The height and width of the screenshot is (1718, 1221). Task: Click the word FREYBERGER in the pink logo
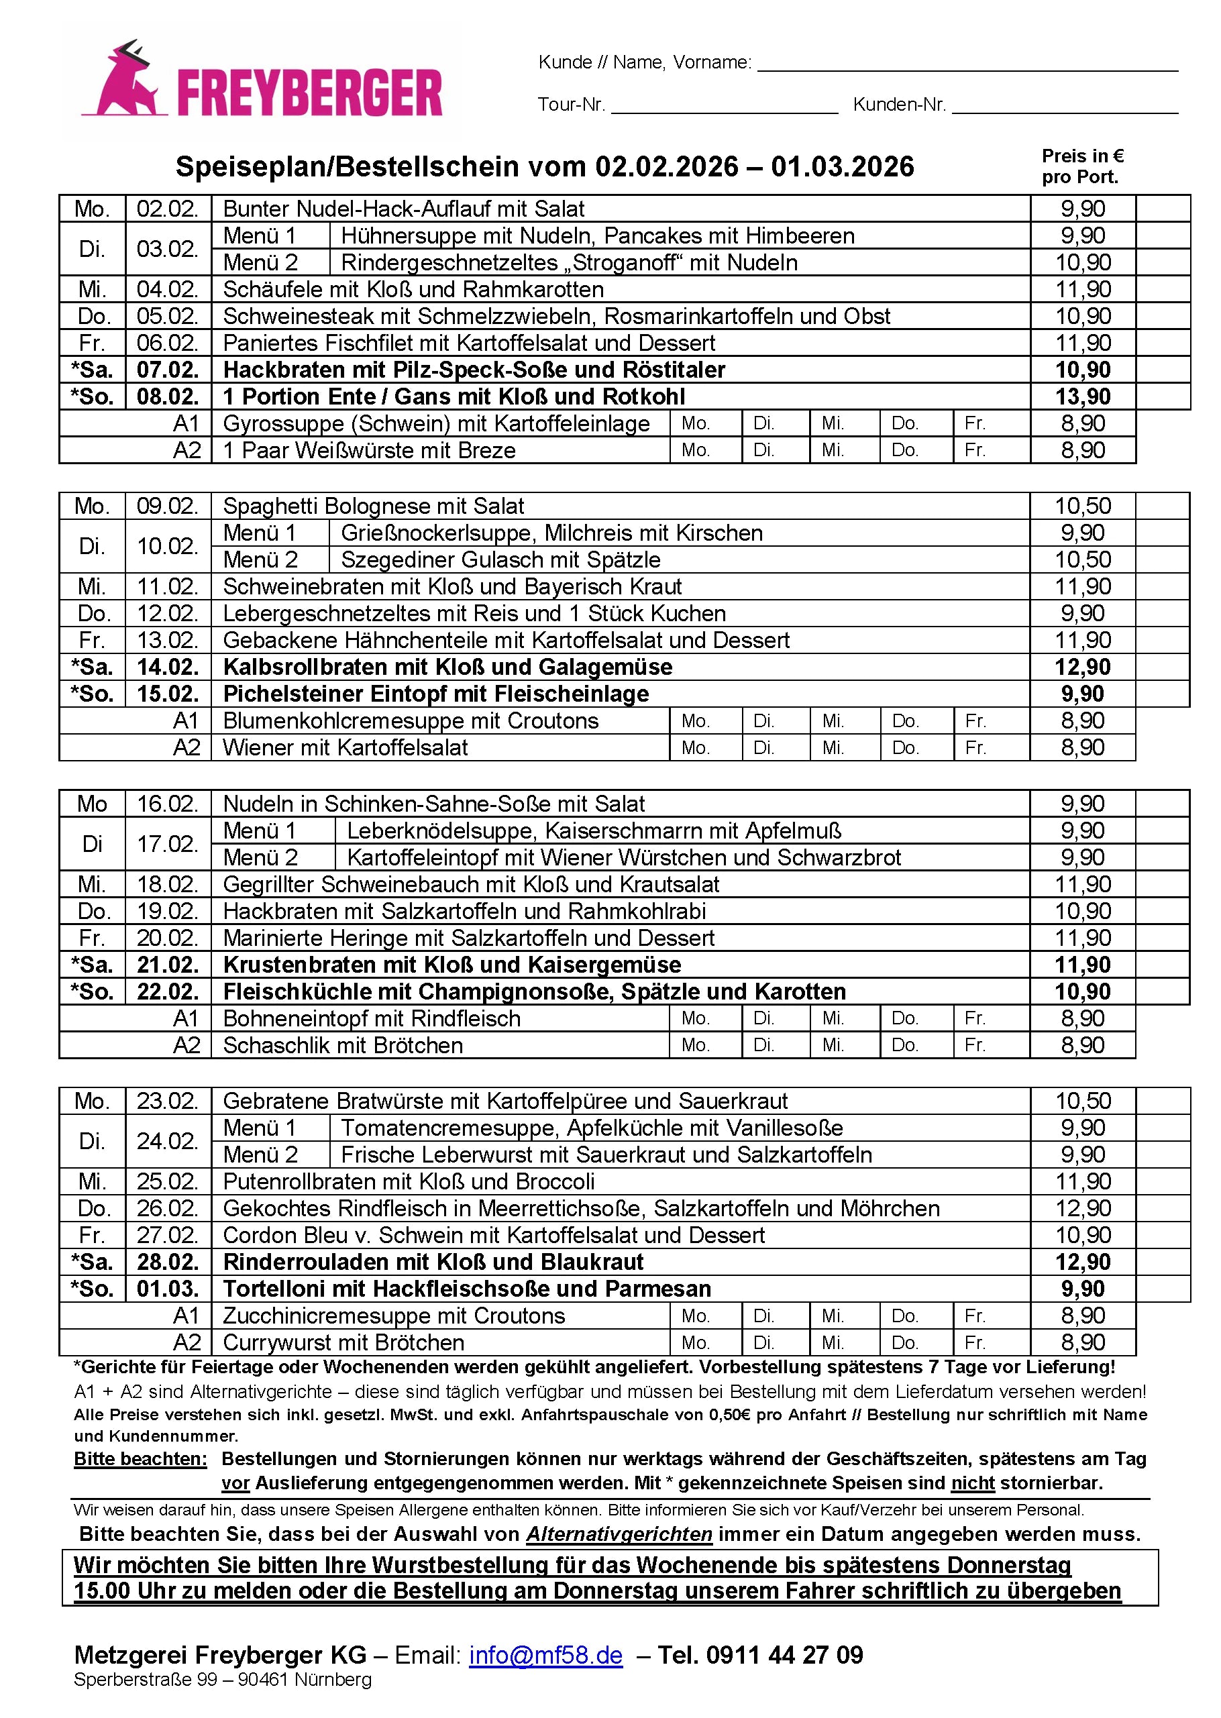(309, 94)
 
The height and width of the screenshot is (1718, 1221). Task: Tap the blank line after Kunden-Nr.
(1064, 105)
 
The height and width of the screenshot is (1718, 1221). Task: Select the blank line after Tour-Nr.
(724, 105)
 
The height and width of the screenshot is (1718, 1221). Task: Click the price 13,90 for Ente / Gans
(1082, 397)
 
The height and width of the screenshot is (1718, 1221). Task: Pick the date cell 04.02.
(167, 290)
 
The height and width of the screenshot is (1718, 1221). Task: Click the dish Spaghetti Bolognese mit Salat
(373, 506)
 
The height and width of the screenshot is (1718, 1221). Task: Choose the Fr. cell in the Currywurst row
(991, 1343)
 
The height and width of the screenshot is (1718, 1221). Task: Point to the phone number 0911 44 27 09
(784, 1655)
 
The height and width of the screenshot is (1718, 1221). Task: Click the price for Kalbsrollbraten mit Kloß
(1082, 667)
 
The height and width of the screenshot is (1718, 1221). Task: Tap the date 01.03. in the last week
(167, 1289)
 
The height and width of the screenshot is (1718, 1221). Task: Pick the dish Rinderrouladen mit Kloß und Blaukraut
(433, 1262)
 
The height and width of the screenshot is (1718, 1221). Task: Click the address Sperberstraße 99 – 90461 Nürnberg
(223, 1680)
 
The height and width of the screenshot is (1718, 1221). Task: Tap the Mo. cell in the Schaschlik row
(704, 1045)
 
